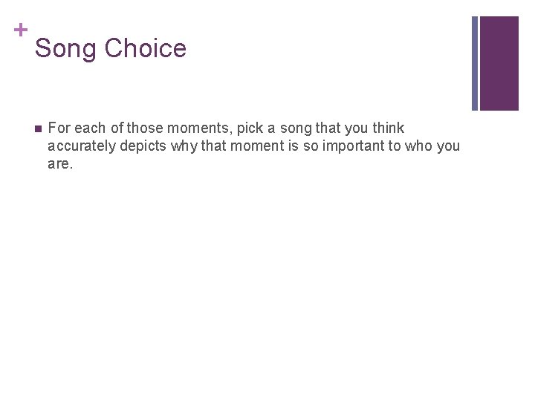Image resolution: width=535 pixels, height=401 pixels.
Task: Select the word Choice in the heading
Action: point(145,49)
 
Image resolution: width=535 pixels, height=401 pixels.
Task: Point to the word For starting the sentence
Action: point(59,128)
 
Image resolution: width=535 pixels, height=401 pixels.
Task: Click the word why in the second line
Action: point(184,146)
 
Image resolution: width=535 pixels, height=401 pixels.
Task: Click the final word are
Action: point(59,164)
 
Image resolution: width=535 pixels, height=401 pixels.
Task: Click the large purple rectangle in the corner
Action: point(499,63)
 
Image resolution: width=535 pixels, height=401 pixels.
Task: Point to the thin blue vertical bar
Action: point(475,63)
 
